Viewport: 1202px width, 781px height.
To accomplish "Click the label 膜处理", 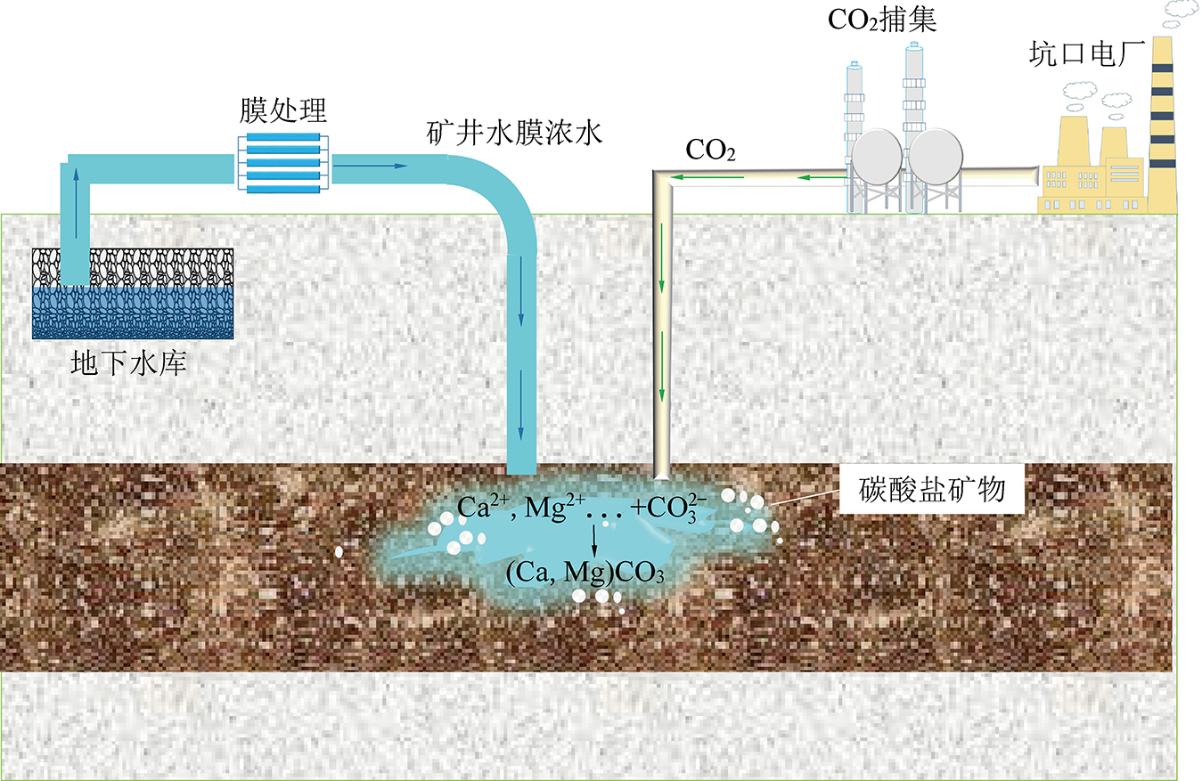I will (283, 111).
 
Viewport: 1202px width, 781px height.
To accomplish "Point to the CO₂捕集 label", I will (882, 19).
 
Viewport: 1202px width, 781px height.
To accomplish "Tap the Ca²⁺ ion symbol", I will (479, 505).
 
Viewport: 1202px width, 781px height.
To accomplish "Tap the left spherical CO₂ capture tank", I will (877, 158).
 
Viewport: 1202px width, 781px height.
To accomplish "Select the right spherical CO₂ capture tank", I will (935, 158).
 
